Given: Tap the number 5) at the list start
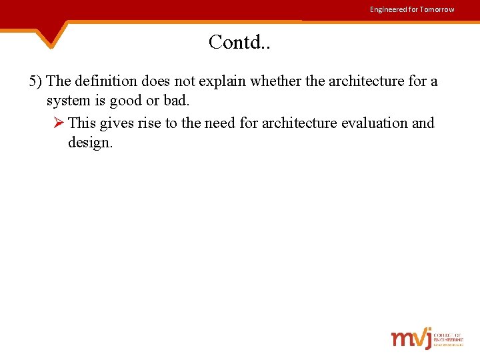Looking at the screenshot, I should (x=36, y=81).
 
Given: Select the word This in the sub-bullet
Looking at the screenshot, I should (x=82, y=123).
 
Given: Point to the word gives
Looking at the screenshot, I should (x=117, y=123).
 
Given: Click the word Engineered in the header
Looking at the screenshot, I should (x=388, y=9).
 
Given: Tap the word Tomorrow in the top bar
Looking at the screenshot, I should (x=437, y=9).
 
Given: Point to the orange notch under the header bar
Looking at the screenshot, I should (x=52, y=37).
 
